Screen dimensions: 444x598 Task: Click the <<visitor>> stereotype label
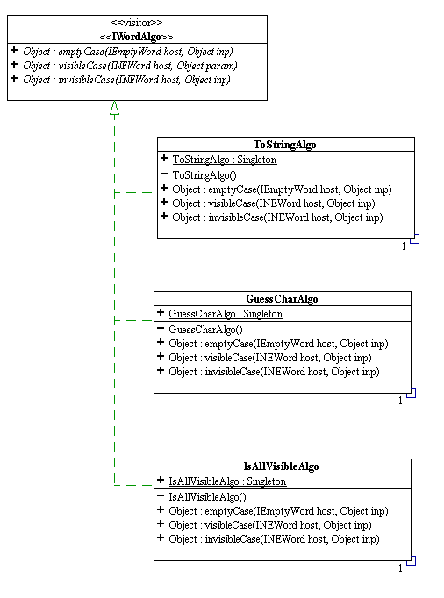pyautogui.click(x=137, y=23)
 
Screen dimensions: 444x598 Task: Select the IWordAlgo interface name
pyautogui.click(x=136, y=37)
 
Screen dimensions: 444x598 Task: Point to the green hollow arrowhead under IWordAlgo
pyautogui.click(x=115, y=108)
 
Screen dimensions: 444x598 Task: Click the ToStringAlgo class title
pyautogui.click(x=285, y=145)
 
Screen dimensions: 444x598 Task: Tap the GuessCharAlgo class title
pyautogui.click(x=282, y=299)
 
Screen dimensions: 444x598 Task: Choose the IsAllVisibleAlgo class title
pyautogui.click(x=282, y=466)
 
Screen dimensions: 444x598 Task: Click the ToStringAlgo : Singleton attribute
pyautogui.click(x=225, y=160)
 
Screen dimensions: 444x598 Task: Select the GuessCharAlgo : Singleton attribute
pyautogui.click(x=226, y=314)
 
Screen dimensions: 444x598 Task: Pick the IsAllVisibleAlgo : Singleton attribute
pyautogui.click(x=227, y=481)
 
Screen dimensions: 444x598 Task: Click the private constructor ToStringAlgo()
pyautogui.click(x=204, y=175)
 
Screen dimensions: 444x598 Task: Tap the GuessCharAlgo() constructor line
pyautogui.click(x=206, y=329)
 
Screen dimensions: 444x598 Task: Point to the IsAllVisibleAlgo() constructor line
pyautogui.click(x=208, y=496)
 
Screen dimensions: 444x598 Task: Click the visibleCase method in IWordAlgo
pyautogui.click(x=130, y=66)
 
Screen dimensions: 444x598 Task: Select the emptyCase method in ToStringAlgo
pyautogui.click(x=282, y=189)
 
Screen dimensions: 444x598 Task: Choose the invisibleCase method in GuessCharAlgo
pyautogui.click(x=274, y=372)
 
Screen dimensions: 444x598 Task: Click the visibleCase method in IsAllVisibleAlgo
pyautogui.click(x=270, y=525)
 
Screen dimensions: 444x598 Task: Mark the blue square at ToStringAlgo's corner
pyautogui.click(x=414, y=239)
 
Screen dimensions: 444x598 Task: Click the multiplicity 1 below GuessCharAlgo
pyautogui.click(x=400, y=401)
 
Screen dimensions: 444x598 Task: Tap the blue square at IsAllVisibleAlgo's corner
pyautogui.click(x=412, y=560)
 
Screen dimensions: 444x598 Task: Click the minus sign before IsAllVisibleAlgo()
pyautogui.click(x=161, y=495)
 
